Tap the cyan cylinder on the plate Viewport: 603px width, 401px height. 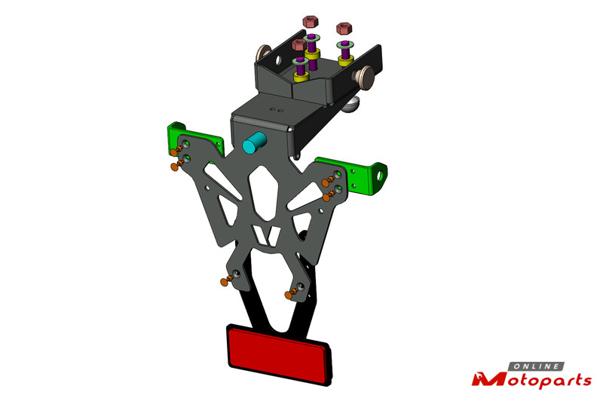click(254, 142)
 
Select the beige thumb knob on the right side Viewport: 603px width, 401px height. click(365, 78)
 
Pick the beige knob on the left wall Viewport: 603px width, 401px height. click(263, 53)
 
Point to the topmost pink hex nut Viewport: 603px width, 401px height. click(311, 21)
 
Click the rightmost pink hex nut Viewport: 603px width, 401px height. click(344, 28)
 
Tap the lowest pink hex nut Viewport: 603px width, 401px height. click(298, 44)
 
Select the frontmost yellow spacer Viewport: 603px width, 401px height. click(301, 76)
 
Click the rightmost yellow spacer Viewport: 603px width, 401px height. click(346, 60)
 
